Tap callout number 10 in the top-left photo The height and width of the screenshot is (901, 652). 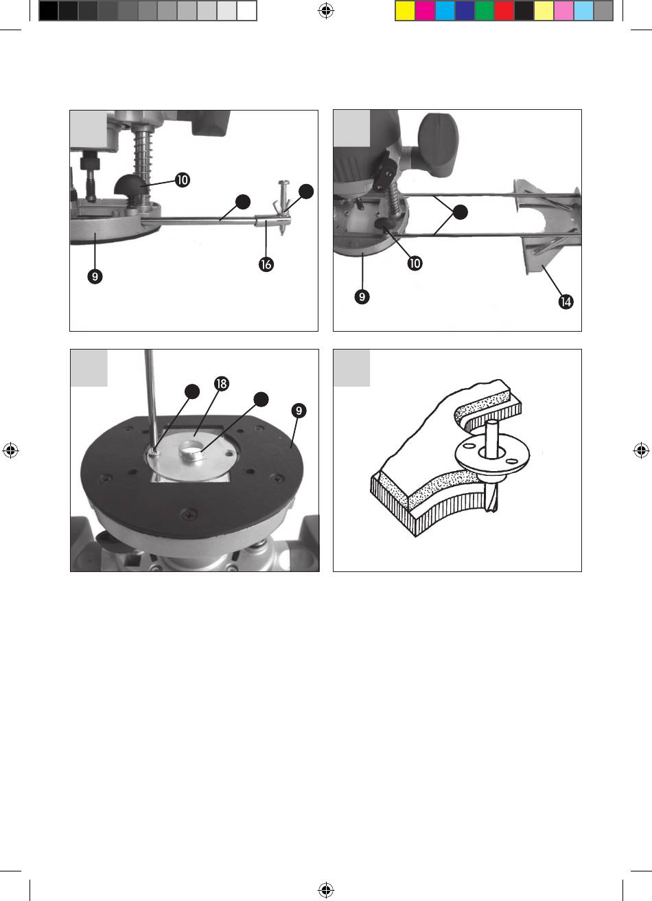tap(182, 180)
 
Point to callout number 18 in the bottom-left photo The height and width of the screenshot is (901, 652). tap(221, 385)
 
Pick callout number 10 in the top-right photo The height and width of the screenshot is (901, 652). tap(415, 263)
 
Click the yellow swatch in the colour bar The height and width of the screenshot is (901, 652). tap(405, 11)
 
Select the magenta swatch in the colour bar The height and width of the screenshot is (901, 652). tap(425, 11)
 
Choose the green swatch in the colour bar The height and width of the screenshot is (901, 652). tap(485, 11)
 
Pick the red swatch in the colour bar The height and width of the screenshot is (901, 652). tap(504, 11)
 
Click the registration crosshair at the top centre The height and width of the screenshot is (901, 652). tap(326, 10)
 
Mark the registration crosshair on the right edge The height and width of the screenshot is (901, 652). tap(640, 451)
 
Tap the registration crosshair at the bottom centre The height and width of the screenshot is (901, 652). tap(326, 891)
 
